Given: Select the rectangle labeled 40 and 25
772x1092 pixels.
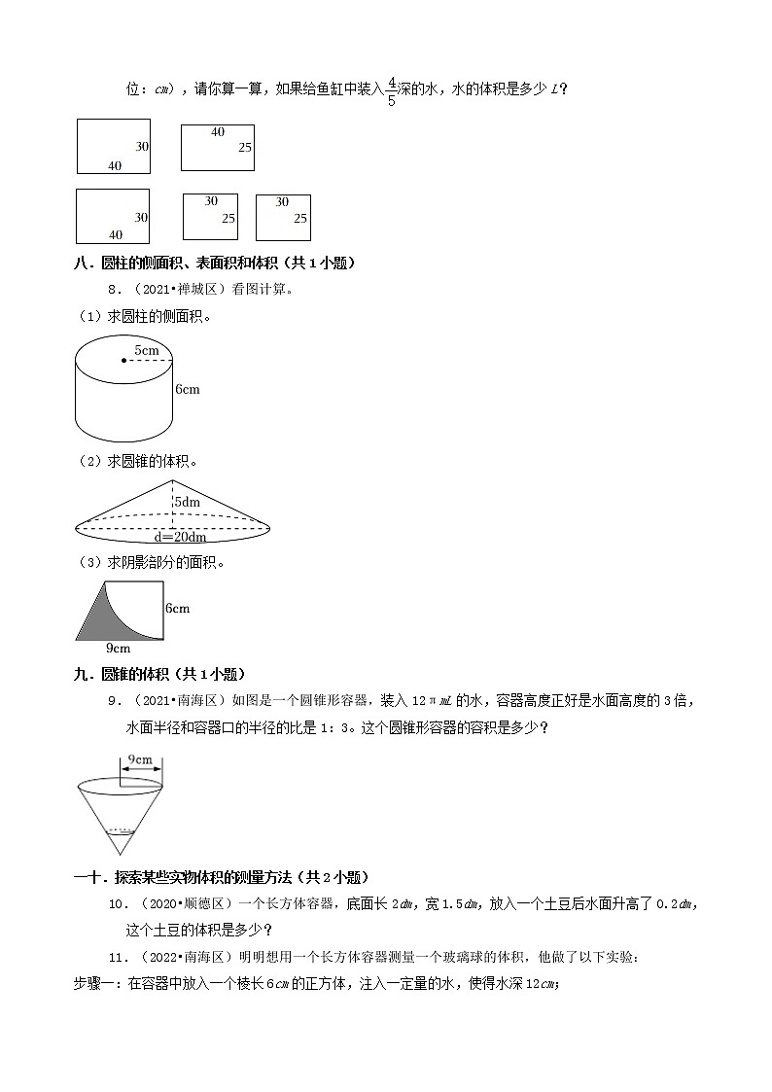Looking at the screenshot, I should pos(217,147).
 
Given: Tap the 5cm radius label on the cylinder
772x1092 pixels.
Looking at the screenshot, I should pos(147,349).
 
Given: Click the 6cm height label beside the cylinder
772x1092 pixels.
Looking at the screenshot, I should pos(188,390).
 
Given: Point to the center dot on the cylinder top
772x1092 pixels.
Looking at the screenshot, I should pos(123,361).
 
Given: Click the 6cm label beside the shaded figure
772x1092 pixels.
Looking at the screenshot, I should pos(177,609).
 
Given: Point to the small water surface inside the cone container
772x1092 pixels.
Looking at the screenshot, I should pos(121,831).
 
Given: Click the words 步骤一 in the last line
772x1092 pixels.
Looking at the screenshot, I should pos(97,984).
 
